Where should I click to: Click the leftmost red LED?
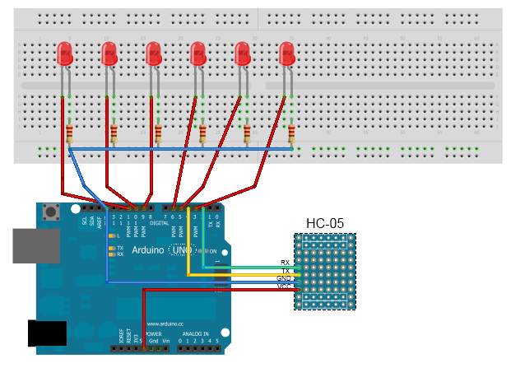coord(64,54)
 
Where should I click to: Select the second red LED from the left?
coord(109,54)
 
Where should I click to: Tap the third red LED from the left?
coord(153,54)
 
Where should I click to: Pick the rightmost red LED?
coord(286,54)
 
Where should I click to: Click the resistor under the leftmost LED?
coord(69,134)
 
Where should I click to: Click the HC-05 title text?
coord(324,223)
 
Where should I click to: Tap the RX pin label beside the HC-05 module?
coord(285,263)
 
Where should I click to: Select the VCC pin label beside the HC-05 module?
coord(284,286)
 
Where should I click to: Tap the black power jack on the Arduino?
coord(47,333)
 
